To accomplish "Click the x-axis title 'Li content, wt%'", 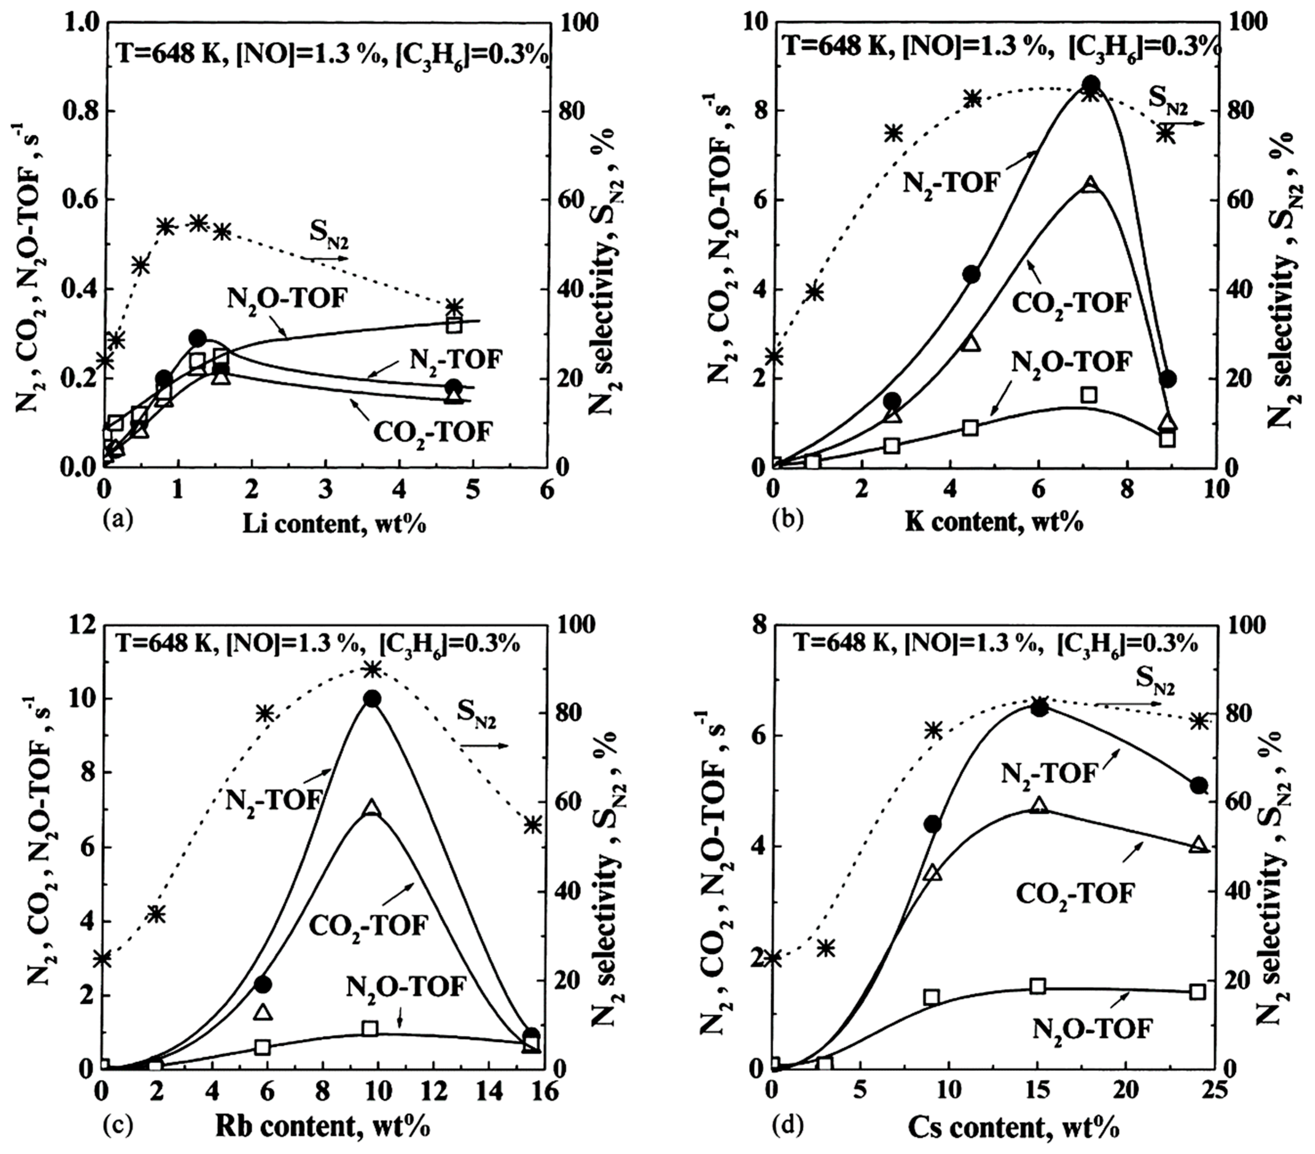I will [335, 525].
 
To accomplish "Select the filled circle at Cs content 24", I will [1198, 785].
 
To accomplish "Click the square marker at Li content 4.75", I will [454, 325].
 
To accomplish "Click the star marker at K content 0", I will [775, 356].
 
